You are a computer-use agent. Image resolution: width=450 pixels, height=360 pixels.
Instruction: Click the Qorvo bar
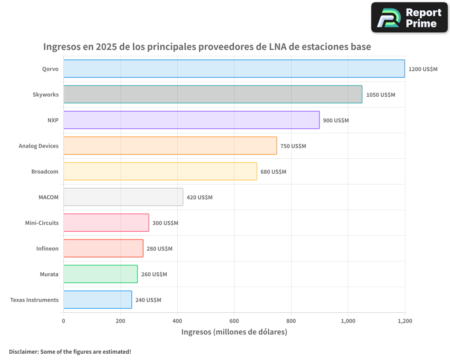click(234, 69)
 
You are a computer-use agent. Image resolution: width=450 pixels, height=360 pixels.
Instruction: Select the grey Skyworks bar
click(212, 94)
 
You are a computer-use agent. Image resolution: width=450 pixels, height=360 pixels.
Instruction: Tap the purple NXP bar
click(191, 120)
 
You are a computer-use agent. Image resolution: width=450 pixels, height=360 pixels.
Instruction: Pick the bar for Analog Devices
click(170, 146)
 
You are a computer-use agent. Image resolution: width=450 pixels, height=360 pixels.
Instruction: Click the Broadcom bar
click(160, 171)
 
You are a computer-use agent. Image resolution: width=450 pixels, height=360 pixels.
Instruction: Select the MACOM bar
click(123, 197)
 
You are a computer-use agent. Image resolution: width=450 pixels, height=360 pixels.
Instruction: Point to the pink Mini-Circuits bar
click(106, 223)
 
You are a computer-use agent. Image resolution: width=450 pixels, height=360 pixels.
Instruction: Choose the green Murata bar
click(100, 274)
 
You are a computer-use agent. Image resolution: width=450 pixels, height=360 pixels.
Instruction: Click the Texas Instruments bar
click(98, 300)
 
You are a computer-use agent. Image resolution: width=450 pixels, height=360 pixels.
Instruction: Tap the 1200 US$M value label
click(423, 69)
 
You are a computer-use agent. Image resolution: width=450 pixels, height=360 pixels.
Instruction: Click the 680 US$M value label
click(273, 172)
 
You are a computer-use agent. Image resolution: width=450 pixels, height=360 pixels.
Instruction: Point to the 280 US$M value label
click(159, 249)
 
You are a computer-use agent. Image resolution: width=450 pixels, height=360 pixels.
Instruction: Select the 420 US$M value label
click(199, 198)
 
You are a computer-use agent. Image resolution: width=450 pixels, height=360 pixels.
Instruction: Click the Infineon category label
click(47, 249)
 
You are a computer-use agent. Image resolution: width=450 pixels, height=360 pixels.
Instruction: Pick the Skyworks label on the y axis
click(45, 95)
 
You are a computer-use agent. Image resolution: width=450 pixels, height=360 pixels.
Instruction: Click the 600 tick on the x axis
click(234, 321)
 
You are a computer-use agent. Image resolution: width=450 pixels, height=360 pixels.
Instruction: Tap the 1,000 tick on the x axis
click(348, 321)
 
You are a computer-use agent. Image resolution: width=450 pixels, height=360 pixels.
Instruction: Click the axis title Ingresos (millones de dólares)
click(234, 332)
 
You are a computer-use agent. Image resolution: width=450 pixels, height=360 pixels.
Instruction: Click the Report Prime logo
click(409, 18)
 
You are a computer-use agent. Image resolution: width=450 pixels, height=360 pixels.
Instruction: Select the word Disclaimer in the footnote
click(23, 351)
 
